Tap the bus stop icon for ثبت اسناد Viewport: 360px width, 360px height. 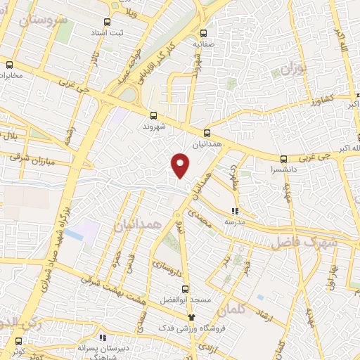(x=107, y=22)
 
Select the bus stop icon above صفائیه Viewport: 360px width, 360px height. (x=204, y=32)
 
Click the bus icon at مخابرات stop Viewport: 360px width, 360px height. (x=9, y=64)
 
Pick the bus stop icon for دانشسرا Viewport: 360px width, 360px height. (x=283, y=159)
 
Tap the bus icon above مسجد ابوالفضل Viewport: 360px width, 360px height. (x=185, y=288)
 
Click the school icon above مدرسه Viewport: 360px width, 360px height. (x=235, y=210)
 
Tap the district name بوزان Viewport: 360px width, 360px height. (x=291, y=69)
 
